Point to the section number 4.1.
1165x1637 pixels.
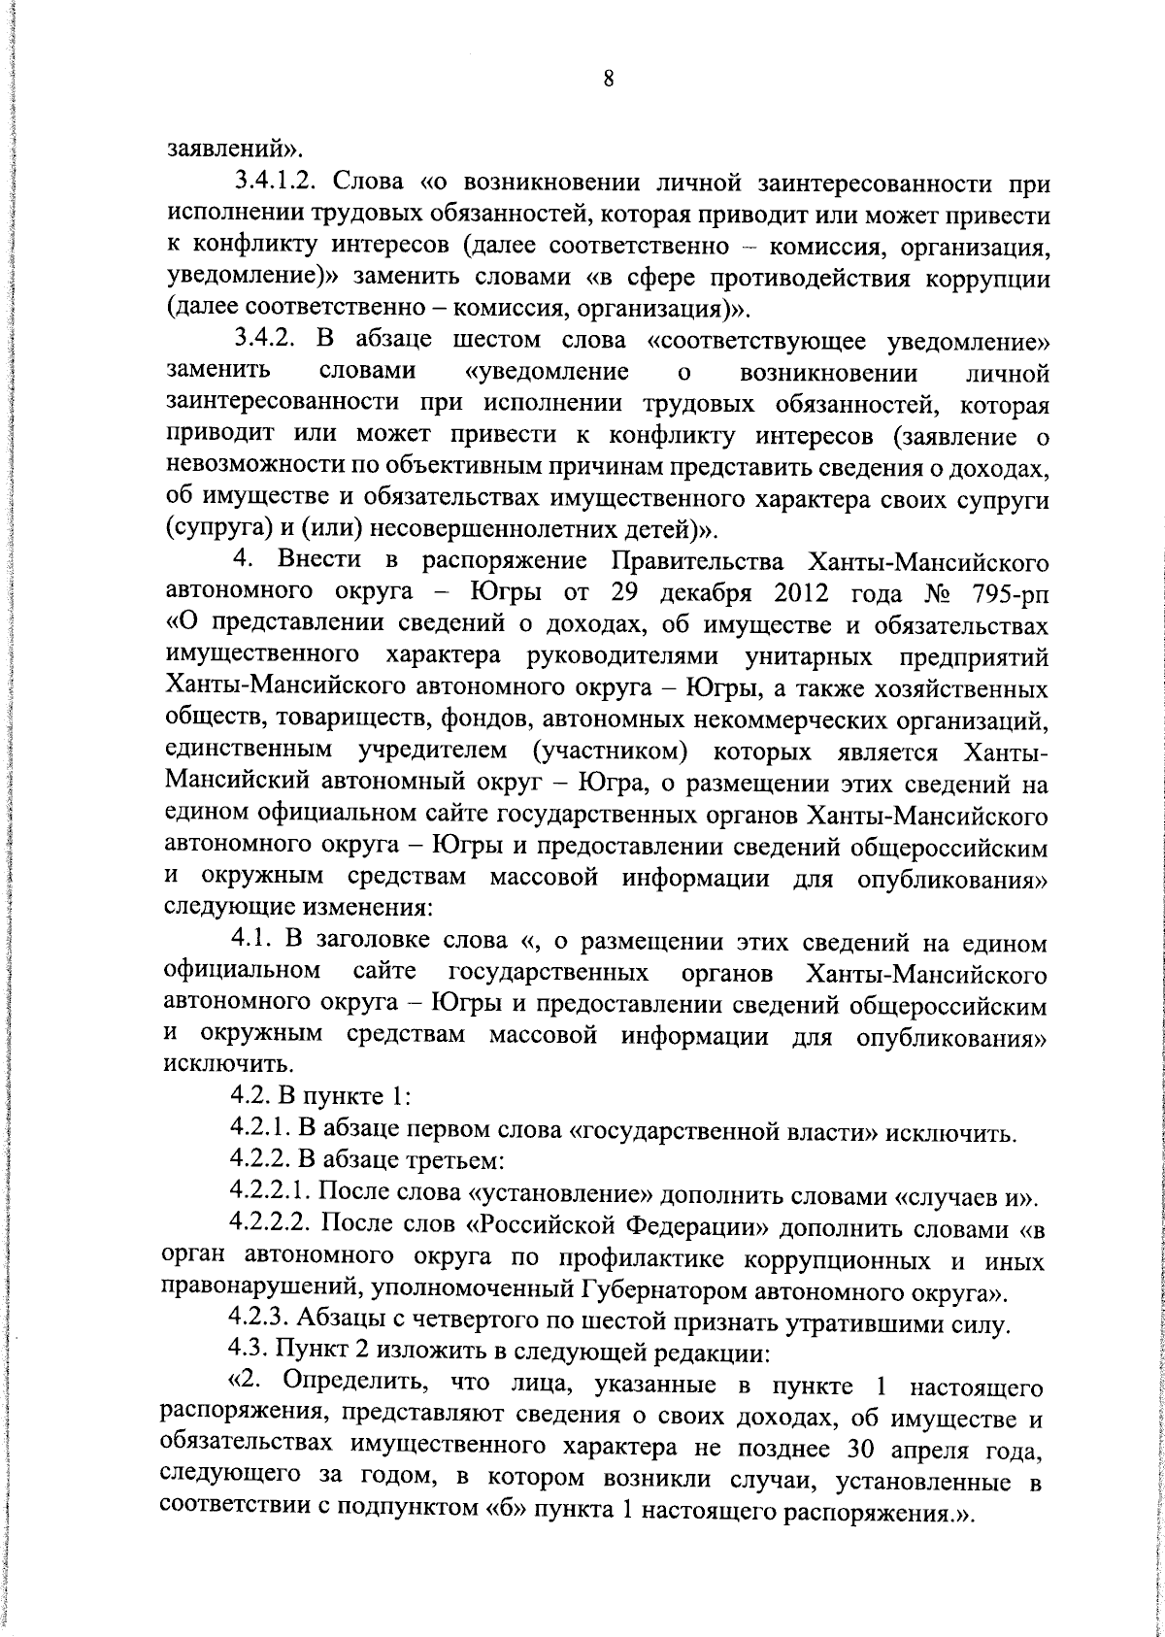point(250,941)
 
